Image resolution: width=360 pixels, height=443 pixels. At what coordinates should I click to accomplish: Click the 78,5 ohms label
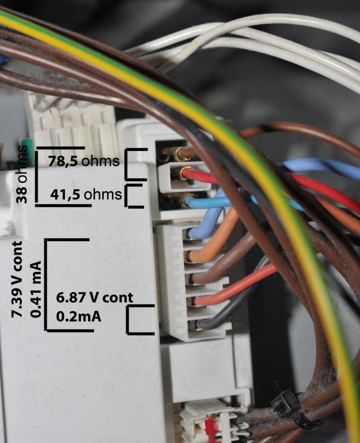[x=84, y=161]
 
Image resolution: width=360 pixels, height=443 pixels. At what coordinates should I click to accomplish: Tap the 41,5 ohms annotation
[x=86, y=194]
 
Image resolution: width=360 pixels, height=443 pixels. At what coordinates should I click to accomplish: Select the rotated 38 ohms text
[x=22, y=174]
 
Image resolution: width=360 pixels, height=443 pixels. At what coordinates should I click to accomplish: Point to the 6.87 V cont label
[x=94, y=298]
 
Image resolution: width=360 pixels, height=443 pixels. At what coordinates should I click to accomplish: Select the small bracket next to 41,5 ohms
[x=132, y=196]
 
